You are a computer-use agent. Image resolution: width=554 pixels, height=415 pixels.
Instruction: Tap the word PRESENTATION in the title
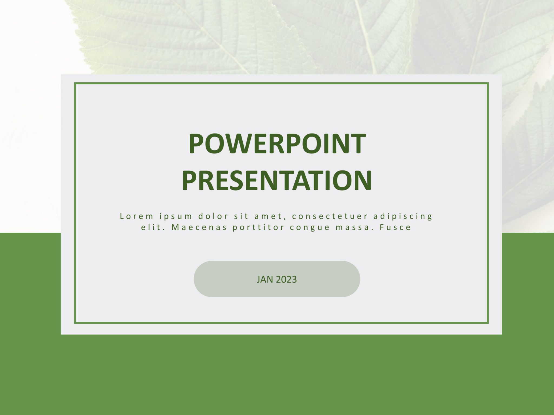tap(277, 180)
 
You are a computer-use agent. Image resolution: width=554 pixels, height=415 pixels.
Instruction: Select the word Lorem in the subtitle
tap(137, 216)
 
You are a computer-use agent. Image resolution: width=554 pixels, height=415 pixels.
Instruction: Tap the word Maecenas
tap(199, 227)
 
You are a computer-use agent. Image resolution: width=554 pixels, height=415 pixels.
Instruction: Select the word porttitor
tap(258, 227)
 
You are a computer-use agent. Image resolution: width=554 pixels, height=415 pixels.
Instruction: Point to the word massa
tap(353, 227)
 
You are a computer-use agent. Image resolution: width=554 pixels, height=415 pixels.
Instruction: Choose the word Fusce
tap(395, 227)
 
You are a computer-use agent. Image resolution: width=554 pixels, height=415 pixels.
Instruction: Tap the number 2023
tap(286, 279)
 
